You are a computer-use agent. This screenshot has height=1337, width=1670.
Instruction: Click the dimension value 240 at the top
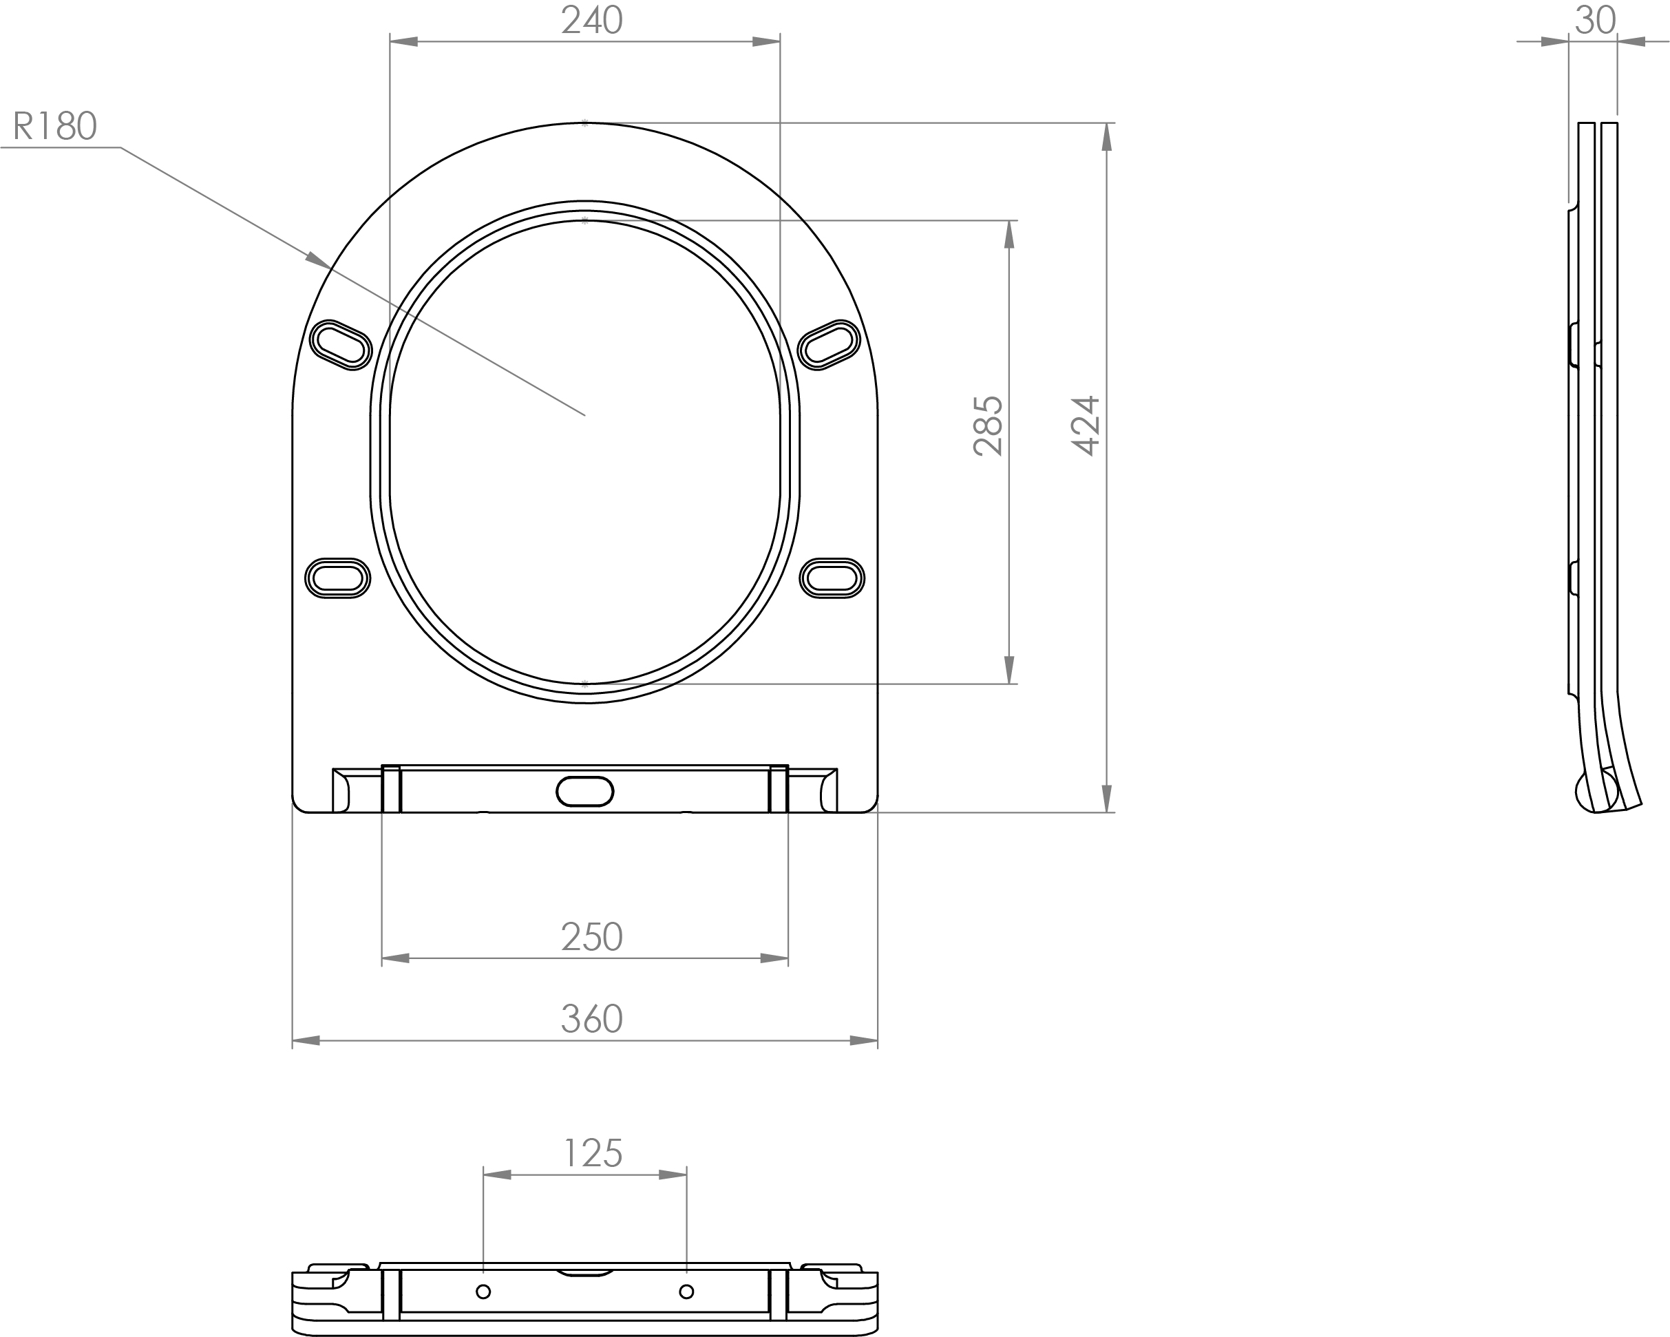pos(592,21)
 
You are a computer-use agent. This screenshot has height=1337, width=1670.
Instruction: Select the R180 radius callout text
pos(55,126)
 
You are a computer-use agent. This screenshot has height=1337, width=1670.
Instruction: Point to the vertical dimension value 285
pos(989,426)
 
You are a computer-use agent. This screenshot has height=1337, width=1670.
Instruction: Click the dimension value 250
pos(592,937)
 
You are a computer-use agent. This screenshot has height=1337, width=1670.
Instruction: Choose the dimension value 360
pos(592,1020)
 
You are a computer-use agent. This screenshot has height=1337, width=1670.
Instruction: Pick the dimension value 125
pos(593,1153)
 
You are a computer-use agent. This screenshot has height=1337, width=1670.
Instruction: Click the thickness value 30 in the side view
pos(1595,21)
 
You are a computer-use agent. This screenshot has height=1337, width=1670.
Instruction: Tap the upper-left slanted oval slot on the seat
pos(341,345)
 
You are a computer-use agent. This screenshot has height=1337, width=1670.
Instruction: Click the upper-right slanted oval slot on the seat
pos(829,345)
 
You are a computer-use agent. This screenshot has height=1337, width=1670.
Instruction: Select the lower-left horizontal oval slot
pos(338,578)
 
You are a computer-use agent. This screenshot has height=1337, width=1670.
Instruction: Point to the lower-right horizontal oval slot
pos(832,578)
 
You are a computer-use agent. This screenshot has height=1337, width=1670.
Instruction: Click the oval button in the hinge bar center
pos(585,791)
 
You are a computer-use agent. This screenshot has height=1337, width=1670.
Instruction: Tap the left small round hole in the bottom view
pos(483,1292)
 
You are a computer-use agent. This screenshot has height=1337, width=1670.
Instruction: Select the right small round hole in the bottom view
pos(686,1292)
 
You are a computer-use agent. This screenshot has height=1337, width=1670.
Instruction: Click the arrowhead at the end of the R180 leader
pos(317,260)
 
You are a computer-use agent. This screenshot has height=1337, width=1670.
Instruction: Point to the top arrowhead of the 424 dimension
pos(1106,137)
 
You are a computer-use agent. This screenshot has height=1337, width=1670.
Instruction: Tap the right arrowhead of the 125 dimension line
pos(673,1175)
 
